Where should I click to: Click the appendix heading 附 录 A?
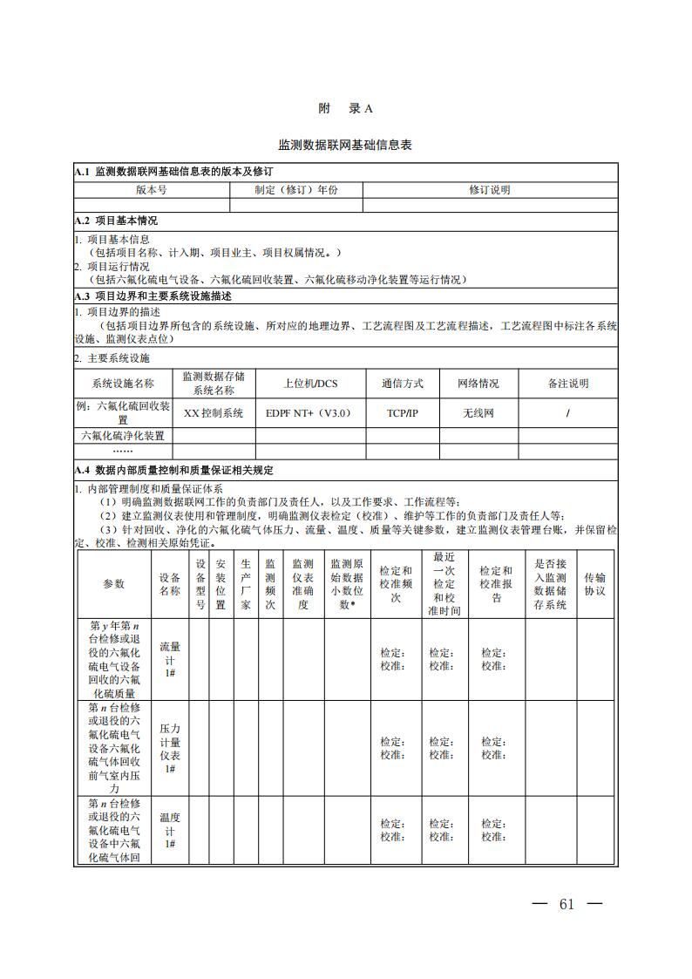point(345,109)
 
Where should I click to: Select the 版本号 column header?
point(152,189)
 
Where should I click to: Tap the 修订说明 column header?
point(490,189)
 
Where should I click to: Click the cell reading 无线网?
point(478,412)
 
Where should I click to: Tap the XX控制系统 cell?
point(214,412)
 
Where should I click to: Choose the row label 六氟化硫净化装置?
point(123,435)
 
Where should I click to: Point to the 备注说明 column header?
point(568,383)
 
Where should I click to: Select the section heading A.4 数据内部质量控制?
point(173,470)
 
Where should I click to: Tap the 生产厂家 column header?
point(246,583)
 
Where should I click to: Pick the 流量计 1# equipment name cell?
point(170,659)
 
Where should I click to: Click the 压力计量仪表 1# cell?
point(170,747)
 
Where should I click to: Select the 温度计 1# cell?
point(170,830)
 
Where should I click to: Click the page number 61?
point(567,903)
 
